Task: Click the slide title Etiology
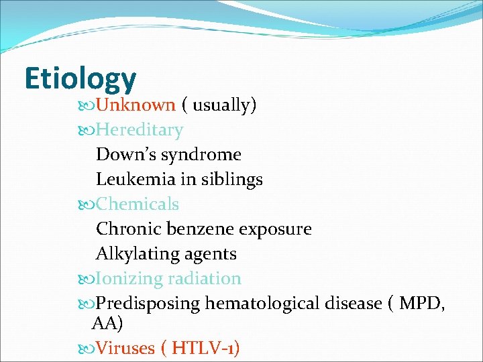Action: point(80,78)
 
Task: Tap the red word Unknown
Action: point(136,105)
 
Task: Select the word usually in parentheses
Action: point(222,105)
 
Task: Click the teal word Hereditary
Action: point(139,130)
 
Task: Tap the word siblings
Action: point(231,180)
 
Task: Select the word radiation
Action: point(205,278)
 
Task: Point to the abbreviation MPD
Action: point(421,303)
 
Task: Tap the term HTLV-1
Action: point(202,348)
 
